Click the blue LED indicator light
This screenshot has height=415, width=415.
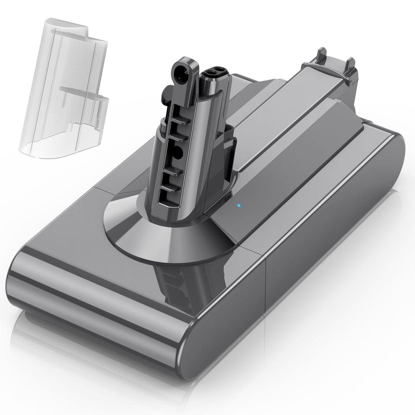(238, 205)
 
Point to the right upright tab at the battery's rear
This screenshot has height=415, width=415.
(351, 65)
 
